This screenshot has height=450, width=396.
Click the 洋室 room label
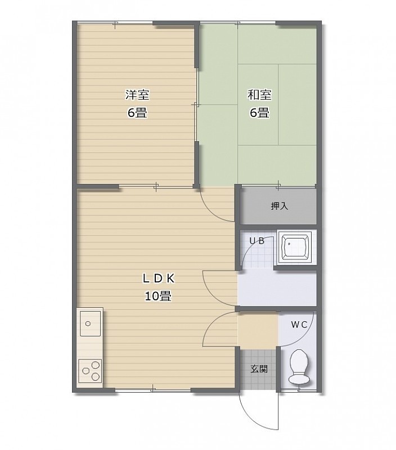point(137,94)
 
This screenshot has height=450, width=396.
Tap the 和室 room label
point(259,94)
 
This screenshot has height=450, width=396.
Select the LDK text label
point(159,278)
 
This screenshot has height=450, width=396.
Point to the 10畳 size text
point(158,296)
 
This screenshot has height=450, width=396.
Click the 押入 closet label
point(279,206)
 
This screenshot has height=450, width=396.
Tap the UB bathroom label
point(257,241)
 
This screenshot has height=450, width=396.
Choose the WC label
point(299,325)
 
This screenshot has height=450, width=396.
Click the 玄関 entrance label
point(259,369)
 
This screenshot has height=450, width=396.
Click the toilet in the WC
point(299,367)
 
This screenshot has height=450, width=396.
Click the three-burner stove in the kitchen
point(90,371)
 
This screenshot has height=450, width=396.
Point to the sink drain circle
point(88,324)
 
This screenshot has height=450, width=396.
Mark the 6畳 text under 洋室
point(137,112)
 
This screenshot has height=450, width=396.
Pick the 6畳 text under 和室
point(259,112)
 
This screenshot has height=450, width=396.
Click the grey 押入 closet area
point(278,206)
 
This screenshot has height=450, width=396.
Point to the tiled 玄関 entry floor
point(258,370)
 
